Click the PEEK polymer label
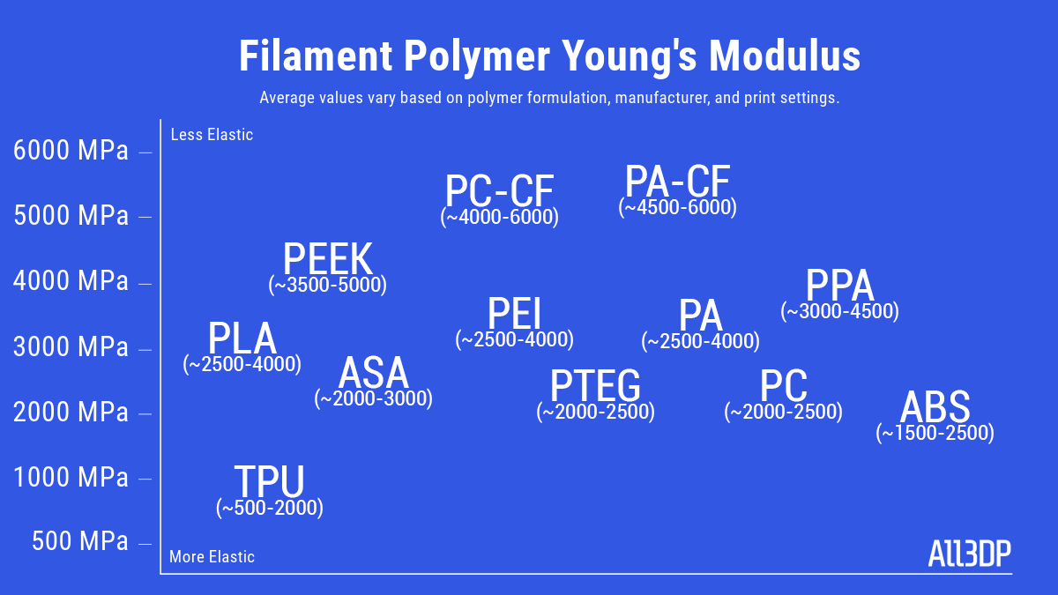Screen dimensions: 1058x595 [x=328, y=258]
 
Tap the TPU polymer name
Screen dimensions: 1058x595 [x=269, y=480]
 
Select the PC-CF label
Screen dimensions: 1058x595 [x=499, y=190]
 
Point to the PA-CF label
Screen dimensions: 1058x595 [x=678, y=181]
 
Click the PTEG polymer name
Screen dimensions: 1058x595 [x=595, y=385]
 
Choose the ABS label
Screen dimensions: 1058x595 [x=935, y=406]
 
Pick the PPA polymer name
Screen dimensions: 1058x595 [x=839, y=285]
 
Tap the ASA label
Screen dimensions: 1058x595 [x=373, y=373]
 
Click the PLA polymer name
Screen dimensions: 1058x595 [x=242, y=338]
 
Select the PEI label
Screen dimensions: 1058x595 [x=514, y=313]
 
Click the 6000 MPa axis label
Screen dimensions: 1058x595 [x=71, y=150]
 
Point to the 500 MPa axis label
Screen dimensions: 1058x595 [x=80, y=540]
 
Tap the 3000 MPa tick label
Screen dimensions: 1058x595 [x=71, y=346]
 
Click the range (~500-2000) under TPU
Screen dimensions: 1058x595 [x=270, y=508]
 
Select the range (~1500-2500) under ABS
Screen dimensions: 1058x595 [x=935, y=433]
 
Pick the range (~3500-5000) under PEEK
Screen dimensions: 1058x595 [x=327, y=285]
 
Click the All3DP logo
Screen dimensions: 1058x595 [x=969, y=553]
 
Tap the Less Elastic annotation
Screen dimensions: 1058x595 [x=212, y=135]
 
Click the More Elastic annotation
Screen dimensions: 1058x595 [x=212, y=557]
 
